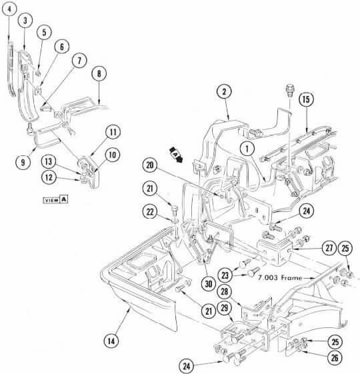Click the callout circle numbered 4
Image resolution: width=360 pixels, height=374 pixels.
tap(9, 9)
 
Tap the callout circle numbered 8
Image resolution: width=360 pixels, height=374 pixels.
tap(99, 73)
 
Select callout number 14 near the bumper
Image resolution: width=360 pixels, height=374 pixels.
tap(111, 341)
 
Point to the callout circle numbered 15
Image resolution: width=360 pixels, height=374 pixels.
tap(306, 99)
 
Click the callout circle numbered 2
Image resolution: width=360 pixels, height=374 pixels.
tap(224, 91)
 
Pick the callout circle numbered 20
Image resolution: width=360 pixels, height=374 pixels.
tap(150, 165)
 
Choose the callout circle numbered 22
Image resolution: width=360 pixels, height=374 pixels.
tap(150, 211)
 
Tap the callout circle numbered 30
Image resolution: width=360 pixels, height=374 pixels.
tap(208, 284)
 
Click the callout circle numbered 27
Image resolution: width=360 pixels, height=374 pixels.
tap(329, 248)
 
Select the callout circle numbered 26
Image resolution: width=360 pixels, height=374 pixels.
tap(335, 357)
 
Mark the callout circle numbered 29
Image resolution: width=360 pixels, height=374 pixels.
tap(225, 308)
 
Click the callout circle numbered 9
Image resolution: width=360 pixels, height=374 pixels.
tap(23, 163)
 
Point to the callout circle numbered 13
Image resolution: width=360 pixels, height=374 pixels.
tap(49, 161)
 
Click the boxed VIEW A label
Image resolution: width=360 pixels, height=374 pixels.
tap(55, 199)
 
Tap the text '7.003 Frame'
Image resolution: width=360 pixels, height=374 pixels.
tap(280, 277)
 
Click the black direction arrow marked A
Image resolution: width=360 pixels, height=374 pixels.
tap(175, 155)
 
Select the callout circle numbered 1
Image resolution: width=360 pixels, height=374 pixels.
tap(247, 149)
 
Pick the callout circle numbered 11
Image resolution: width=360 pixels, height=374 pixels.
tap(113, 132)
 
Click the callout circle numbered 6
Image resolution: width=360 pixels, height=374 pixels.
tap(61, 47)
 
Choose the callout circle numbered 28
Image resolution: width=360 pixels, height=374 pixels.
tap(225, 291)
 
